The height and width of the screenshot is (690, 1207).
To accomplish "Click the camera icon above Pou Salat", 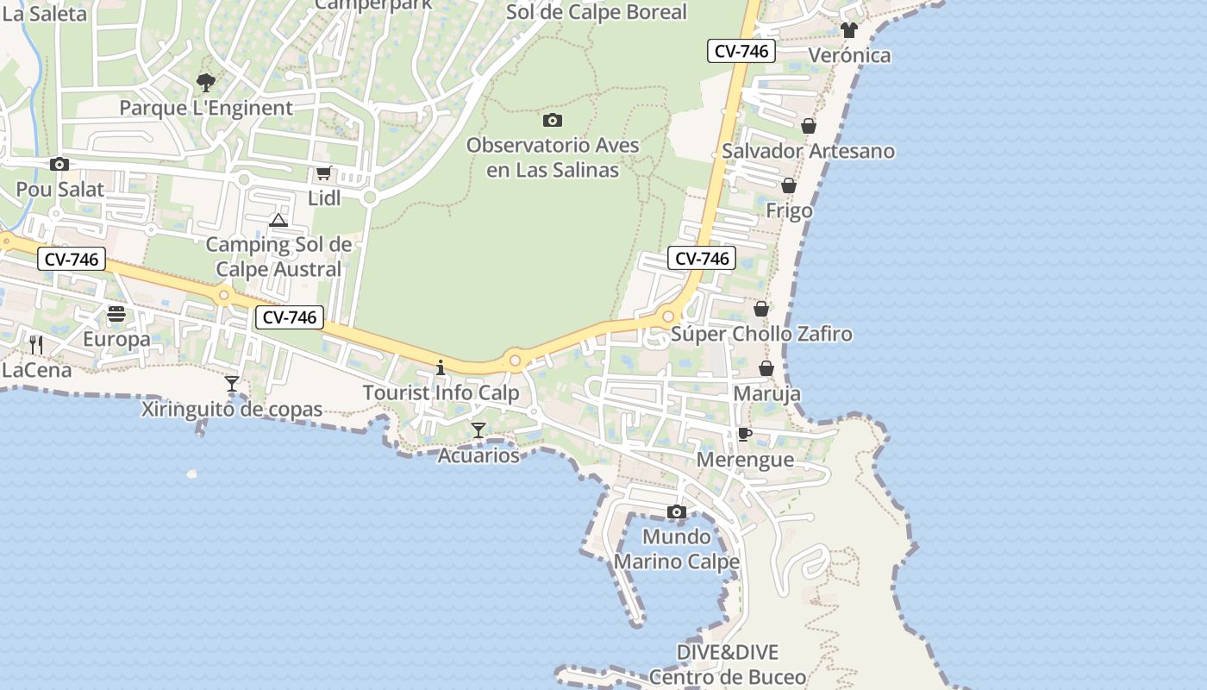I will point(59,164).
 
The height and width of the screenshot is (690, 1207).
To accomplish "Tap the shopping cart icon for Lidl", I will point(323,173).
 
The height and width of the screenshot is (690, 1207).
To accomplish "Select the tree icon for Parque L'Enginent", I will point(205,83).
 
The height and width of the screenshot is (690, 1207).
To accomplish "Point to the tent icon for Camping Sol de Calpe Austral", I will point(278,221).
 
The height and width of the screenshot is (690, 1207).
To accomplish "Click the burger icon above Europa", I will point(116,314).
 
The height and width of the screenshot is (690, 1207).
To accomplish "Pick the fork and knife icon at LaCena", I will point(36,345).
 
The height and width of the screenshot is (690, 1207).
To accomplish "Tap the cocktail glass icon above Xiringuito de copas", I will point(231,384).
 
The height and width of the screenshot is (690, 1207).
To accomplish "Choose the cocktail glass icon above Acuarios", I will point(478,430).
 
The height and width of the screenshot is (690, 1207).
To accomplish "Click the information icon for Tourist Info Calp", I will point(441,368).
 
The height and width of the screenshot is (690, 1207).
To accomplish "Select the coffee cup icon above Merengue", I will point(745,434).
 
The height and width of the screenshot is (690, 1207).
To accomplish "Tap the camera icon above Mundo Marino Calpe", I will point(676,512).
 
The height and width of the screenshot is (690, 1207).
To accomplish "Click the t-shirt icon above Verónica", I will point(849,30).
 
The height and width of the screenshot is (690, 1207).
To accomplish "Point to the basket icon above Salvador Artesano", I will point(808,126).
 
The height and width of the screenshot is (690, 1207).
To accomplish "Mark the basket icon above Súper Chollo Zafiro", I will point(761,309).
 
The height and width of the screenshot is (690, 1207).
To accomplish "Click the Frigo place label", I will point(789,210).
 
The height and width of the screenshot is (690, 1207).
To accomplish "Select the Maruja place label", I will point(766,393).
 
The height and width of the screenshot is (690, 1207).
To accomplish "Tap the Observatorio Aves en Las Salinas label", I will point(553,157).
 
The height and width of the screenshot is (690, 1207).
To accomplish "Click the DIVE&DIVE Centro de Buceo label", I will point(728,664).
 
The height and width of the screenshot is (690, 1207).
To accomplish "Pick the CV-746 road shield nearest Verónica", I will point(741,51).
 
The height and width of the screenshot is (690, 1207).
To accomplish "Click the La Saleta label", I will point(45,13).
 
